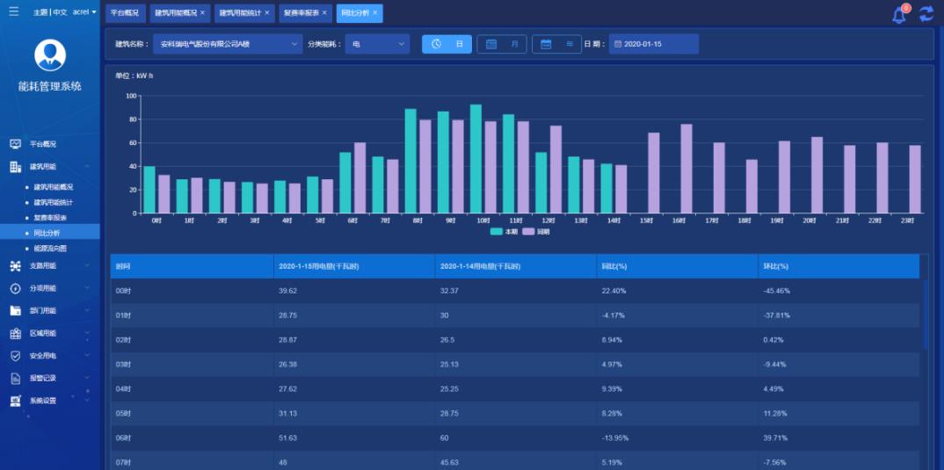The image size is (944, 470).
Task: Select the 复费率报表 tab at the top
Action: tap(301, 13)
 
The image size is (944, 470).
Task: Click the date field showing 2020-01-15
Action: tap(654, 44)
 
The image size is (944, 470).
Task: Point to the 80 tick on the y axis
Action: tap(132, 119)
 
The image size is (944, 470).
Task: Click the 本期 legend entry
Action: tap(503, 232)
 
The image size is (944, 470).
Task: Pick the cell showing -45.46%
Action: tap(774, 291)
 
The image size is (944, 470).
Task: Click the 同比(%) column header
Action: tap(614, 265)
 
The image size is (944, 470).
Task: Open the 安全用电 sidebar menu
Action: tap(43, 356)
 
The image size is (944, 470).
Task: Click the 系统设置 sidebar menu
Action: tap(43, 401)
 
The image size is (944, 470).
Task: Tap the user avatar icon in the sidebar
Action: tap(50, 55)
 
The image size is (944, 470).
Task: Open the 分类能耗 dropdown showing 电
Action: tap(377, 44)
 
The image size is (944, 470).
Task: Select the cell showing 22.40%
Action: tap(614, 291)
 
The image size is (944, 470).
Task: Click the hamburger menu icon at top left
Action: tap(13, 12)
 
